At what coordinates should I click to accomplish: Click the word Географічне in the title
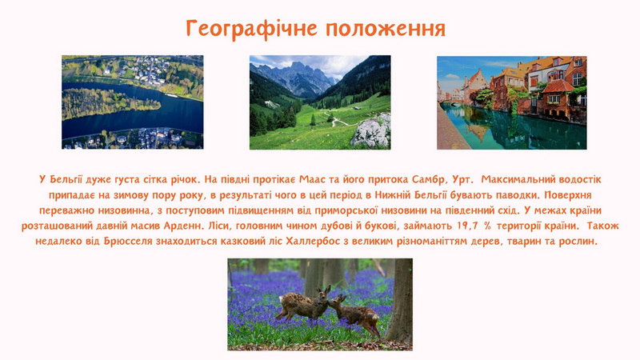[x=251, y=29]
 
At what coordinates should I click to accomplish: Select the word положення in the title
[x=386, y=28]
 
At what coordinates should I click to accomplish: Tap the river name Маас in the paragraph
[x=312, y=179]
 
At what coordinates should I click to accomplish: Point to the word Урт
[x=463, y=180]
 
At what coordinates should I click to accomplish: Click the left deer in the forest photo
[x=303, y=304]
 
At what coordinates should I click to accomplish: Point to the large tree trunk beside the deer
[x=401, y=302]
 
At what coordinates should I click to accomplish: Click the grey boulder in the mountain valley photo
[x=371, y=131]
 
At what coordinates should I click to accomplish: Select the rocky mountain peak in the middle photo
[x=297, y=77]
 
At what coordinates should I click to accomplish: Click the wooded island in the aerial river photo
[x=107, y=104]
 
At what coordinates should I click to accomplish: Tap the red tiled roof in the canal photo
[x=558, y=86]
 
